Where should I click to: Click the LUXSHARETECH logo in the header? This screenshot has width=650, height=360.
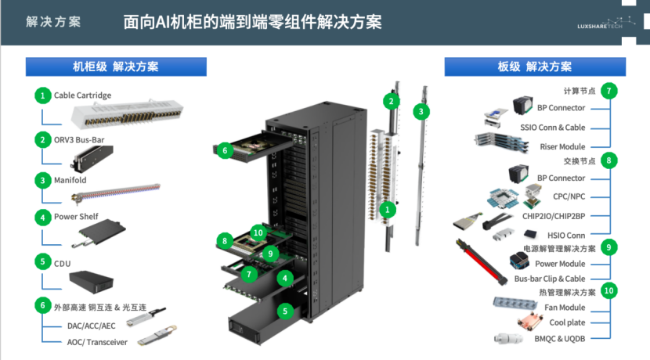(606, 23)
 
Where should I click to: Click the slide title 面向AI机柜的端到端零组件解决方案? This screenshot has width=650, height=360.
(252, 22)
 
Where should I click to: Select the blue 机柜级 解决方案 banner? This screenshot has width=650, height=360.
(116, 67)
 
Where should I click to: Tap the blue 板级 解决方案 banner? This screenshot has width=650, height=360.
(535, 67)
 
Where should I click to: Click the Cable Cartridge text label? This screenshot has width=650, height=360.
(82, 95)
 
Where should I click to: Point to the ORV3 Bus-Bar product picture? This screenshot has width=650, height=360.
(92, 158)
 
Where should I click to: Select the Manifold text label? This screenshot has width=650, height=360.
(70, 180)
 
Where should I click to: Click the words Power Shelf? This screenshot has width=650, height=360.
(76, 217)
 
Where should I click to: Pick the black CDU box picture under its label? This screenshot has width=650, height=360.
(91, 282)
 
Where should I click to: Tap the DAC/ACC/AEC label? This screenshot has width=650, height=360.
(91, 326)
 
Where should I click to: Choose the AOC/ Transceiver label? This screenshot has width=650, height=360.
(97, 342)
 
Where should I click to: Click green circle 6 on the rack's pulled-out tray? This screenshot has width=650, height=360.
(225, 150)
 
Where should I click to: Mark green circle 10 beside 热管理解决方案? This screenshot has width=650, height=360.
(608, 291)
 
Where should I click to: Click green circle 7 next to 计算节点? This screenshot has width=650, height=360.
(608, 91)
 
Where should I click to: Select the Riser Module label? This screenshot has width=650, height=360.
(562, 146)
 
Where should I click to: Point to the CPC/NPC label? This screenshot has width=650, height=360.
(569, 196)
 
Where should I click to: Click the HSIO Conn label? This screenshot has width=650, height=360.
(566, 236)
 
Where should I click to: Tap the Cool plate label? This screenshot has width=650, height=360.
(567, 322)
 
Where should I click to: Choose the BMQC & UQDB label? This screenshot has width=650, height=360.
(560, 338)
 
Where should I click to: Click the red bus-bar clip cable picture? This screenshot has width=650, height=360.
(482, 261)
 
